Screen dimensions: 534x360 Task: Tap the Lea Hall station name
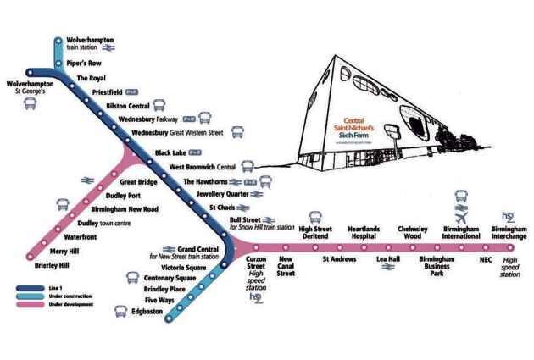(387, 258)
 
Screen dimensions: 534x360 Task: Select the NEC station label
(486, 258)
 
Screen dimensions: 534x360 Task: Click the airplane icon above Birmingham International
(461, 207)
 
